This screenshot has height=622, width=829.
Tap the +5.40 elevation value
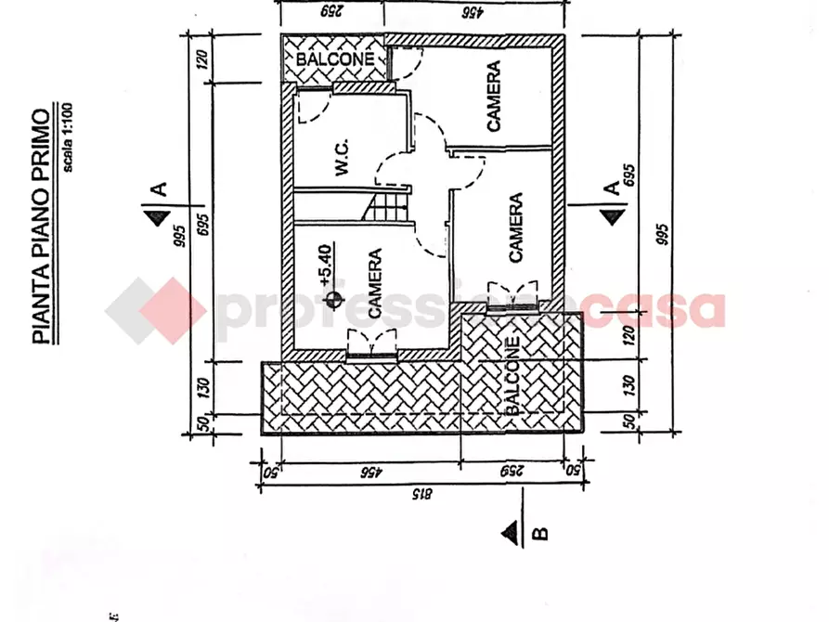(325, 265)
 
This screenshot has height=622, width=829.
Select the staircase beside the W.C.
(388, 202)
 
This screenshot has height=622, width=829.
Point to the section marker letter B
(542, 533)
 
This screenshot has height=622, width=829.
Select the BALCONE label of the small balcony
(334, 58)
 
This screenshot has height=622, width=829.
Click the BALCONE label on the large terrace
(512, 376)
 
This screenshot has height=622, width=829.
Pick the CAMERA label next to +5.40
(375, 284)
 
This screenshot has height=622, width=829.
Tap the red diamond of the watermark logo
(156, 310)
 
